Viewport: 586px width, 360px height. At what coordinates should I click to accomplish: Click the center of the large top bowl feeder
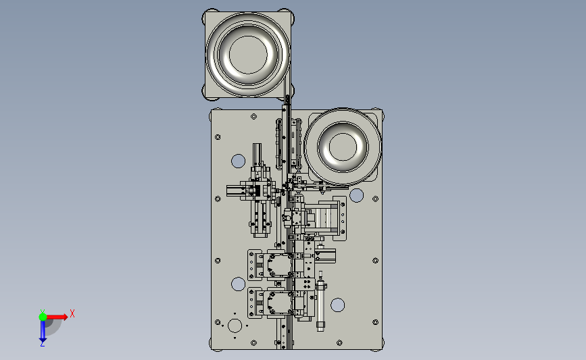(248, 55)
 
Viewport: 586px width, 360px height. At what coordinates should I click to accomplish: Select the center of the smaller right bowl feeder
(343, 147)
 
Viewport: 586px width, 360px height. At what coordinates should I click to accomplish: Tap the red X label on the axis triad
(72, 313)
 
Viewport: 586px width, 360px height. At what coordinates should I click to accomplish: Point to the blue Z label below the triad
(42, 344)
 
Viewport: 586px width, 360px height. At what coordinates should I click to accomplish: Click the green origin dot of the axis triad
(43, 317)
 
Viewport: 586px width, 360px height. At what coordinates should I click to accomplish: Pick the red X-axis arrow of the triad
(57, 317)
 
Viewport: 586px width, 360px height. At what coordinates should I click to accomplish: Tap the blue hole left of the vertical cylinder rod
(238, 161)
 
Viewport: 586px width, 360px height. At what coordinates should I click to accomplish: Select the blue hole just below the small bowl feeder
(356, 195)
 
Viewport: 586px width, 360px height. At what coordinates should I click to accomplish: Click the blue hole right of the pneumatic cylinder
(337, 305)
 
